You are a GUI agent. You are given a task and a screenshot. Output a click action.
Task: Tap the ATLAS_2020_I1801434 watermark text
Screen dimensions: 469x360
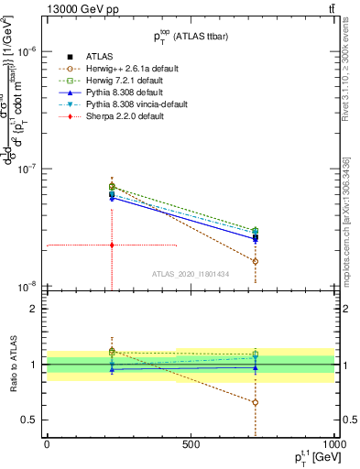190,274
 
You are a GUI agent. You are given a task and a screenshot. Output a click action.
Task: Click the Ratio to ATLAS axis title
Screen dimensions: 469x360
12,364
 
